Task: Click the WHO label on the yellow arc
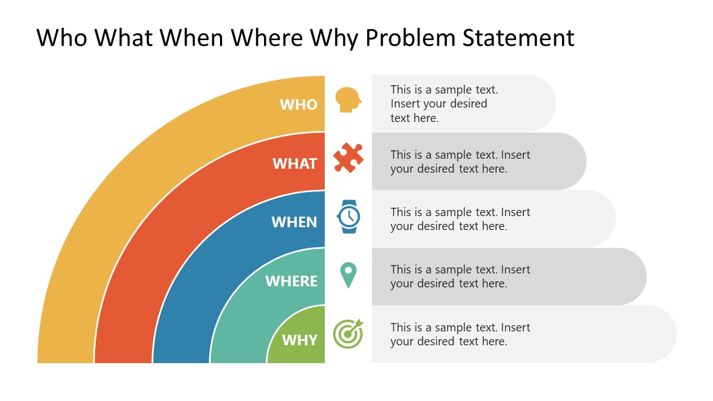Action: click(299, 105)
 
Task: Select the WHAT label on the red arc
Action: click(295, 164)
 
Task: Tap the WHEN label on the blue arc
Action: click(294, 222)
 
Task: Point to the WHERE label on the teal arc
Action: click(291, 281)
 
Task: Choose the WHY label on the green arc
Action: click(300, 340)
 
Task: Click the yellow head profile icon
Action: click(348, 100)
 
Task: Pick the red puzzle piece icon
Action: click(348, 158)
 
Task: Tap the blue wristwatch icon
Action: click(349, 216)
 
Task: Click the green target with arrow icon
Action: click(348, 334)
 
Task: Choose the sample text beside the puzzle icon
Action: click(460, 162)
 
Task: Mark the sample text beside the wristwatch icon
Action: click(460, 219)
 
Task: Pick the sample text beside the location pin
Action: click(460, 276)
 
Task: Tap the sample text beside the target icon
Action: click(460, 334)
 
